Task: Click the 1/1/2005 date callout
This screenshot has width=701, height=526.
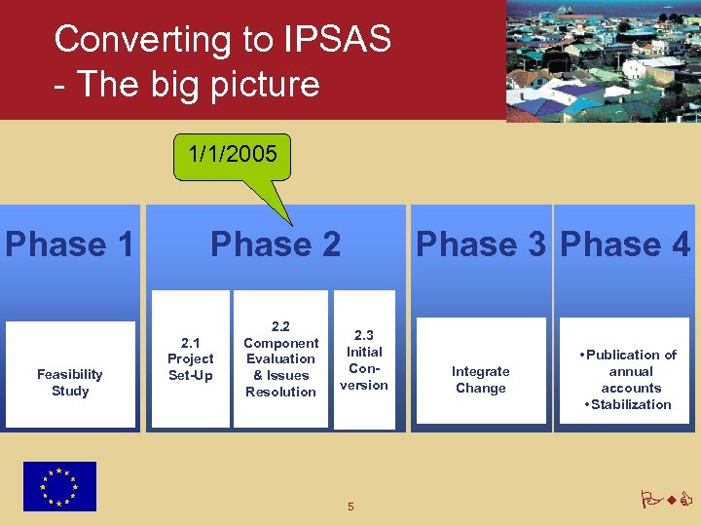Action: coord(233,154)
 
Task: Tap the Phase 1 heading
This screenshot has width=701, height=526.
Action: coord(69,244)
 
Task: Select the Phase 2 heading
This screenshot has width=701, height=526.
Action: coord(276,244)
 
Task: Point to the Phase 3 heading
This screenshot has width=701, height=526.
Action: coord(481,244)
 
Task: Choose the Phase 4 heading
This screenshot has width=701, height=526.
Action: coord(626,244)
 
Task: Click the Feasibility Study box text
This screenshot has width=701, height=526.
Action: coord(70,383)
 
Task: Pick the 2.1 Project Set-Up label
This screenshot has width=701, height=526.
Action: coord(191,359)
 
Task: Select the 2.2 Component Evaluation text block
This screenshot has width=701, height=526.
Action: coord(280,358)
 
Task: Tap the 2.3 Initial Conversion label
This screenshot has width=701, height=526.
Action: coord(364,359)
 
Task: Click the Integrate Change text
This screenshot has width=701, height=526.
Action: coord(481,380)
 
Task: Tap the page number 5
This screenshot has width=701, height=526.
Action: coord(350,506)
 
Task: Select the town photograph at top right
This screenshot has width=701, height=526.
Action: coord(604,60)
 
